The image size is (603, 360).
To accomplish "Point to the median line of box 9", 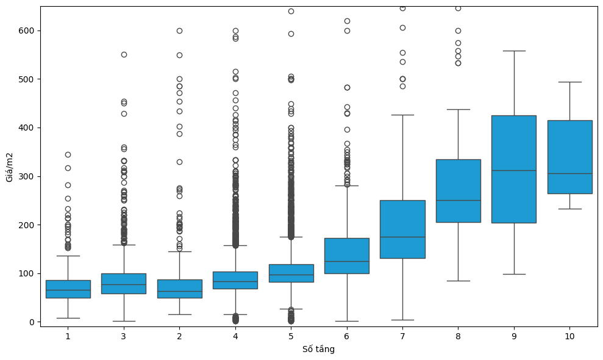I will tap(513, 170).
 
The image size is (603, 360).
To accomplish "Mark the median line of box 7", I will tap(402, 237).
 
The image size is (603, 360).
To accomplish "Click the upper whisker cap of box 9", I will tap(513, 51).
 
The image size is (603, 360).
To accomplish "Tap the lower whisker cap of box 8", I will tap(458, 281).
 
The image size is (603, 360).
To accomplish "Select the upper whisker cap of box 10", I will tap(569, 82).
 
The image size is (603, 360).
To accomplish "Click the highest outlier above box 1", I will tap(68, 154).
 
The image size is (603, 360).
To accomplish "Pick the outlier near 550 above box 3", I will tap(124, 54).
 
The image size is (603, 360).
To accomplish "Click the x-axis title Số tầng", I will tap(318, 350).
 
